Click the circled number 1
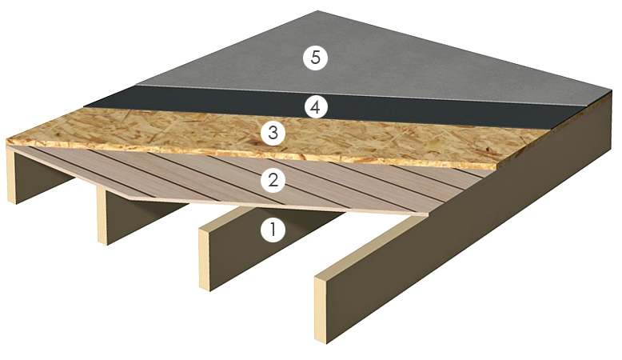click(x=273, y=230)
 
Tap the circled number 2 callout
click(x=273, y=181)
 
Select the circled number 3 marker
click(x=273, y=133)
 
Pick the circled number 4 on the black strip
click(x=315, y=107)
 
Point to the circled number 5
click(x=315, y=58)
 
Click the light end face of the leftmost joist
click(x=11, y=174)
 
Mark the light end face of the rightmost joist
click(x=323, y=310)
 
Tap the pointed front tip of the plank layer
click(x=428, y=214)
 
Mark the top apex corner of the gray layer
click(x=317, y=11)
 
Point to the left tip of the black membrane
click(x=85, y=106)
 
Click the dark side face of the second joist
click(x=147, y=216)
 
